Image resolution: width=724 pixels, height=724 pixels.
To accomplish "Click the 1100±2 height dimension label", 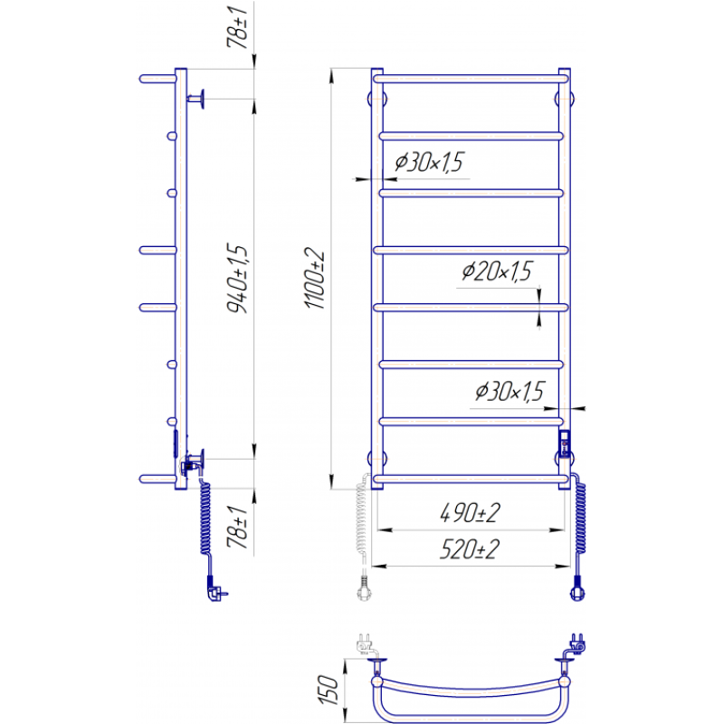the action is coord(315,278).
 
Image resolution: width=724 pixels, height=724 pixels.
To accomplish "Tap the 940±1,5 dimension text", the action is coord(238,278).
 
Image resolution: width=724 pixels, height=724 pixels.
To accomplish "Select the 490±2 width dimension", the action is coord(470,512).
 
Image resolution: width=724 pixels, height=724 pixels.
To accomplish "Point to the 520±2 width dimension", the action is coord(470,549).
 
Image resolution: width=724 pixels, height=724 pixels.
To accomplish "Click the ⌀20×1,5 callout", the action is coord(497,271).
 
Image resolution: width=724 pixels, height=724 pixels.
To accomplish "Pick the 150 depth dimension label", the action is coord(329,690).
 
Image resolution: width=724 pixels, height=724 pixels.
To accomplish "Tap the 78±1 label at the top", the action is coord(238,27).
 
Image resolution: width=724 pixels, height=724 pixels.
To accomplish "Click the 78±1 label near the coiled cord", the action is coord(238,527).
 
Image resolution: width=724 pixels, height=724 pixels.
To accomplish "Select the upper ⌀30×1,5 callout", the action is coord(429,162).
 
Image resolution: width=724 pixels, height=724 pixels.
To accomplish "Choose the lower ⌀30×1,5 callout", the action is coord(510,391).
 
